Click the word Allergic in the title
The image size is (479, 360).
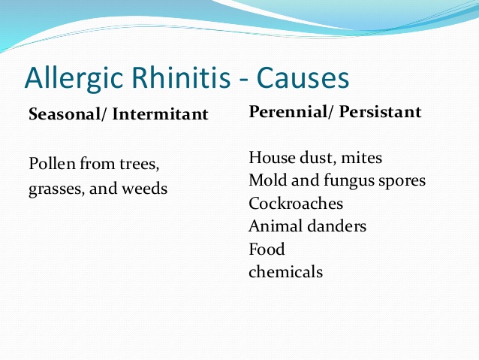[x=74, y=78]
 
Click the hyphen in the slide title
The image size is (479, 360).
[x=243, y=80]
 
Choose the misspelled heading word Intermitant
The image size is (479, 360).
[x=160, y=114]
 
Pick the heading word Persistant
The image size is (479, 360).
[x=381, y=112]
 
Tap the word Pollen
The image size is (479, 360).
[x=52, y=164]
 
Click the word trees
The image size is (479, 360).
[x=140, y=165]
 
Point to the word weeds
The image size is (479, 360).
[x=144, y=188]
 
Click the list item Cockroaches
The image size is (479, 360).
[x=296, y=204]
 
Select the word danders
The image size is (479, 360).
[x=336, y=226]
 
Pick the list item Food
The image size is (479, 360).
[x=267, y=249]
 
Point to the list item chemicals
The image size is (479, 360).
[x=285, y=271]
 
